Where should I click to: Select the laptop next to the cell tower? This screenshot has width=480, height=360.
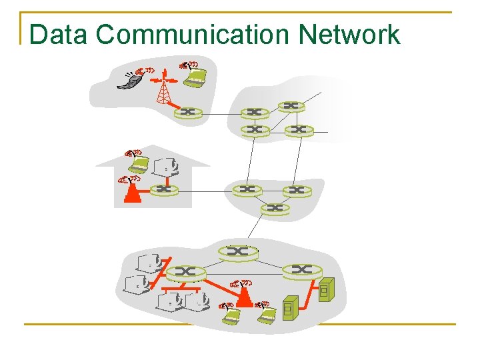195,77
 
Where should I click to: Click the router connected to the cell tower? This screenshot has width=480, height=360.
187,113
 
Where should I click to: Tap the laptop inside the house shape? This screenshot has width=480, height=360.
138,163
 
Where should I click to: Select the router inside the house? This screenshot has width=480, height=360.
164,190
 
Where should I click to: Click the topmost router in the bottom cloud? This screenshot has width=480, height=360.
237,251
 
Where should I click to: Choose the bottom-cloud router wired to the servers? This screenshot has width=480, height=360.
302,269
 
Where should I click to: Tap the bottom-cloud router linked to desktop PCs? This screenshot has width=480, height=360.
185,272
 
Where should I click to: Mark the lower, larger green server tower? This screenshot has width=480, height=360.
290,308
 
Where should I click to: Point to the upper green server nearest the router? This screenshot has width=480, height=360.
325,290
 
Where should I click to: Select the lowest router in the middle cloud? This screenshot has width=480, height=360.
275,209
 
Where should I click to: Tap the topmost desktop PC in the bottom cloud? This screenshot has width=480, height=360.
148,262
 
